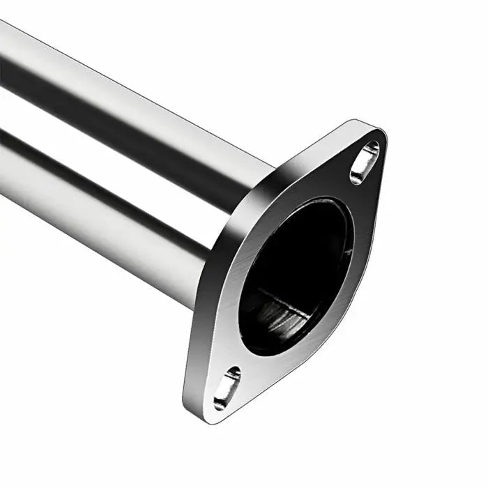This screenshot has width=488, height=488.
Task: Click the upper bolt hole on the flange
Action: [365, 162]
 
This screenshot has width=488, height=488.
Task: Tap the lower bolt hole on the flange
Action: [227, 388]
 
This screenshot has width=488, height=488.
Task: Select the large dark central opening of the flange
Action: [296, 272]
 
